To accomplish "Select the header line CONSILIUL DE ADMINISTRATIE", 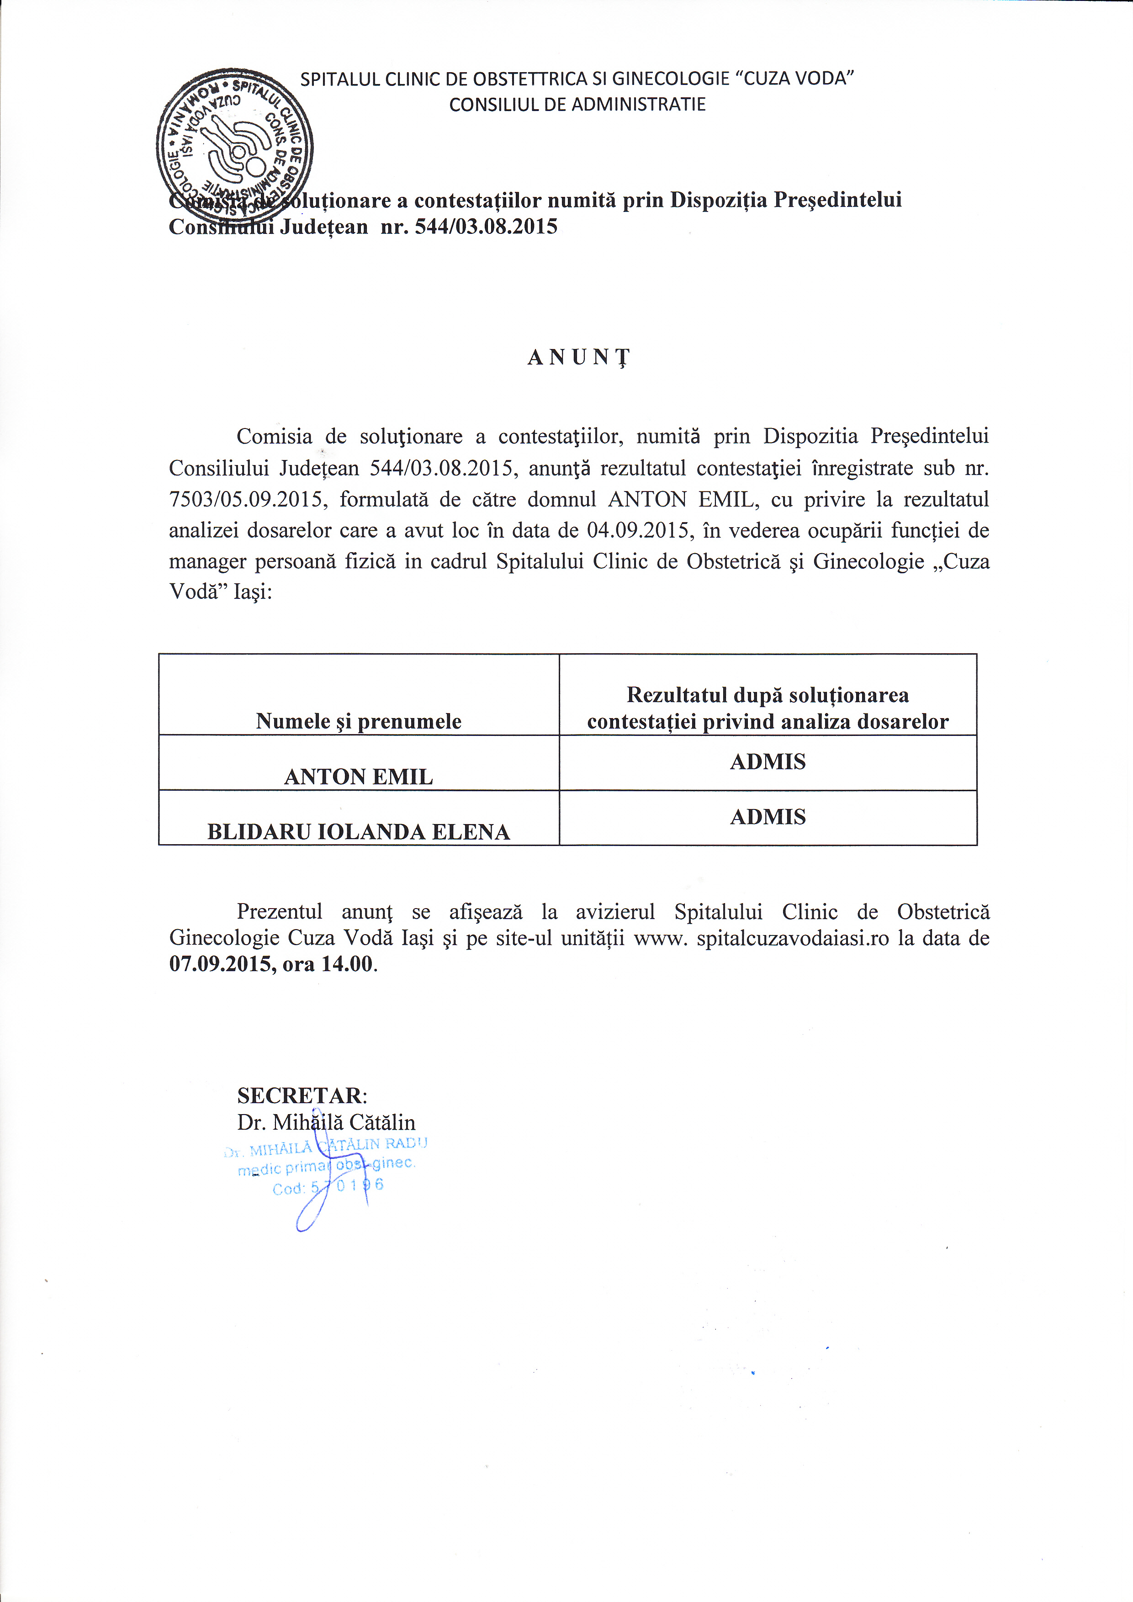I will [x=577, y=105].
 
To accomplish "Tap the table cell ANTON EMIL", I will [x=359, y=776].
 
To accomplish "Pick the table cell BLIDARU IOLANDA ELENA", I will [x=359, y=831].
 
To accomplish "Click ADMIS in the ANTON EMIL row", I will [x=768, y=761].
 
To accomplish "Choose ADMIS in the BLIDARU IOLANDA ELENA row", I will [x=768, y=816].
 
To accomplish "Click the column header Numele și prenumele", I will [x=359, y=721].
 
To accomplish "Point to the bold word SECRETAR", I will [x=300, y=1095].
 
